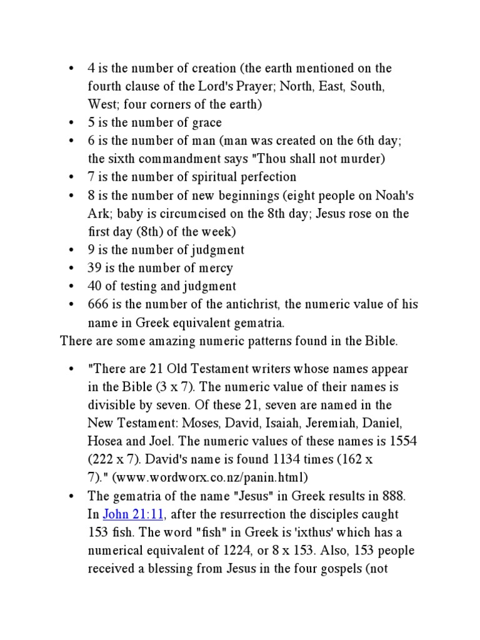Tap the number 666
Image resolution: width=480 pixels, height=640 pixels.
coord(98,305)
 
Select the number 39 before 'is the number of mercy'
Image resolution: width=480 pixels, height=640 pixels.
coord(94,268)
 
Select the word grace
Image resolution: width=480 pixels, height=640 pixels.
coord(207,122)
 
